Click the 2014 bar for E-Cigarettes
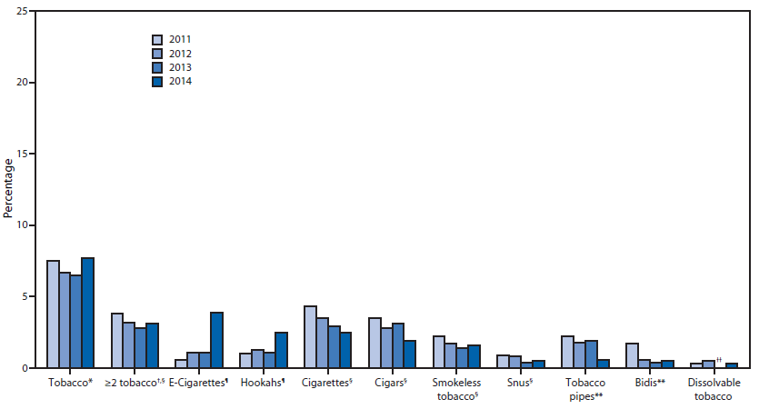coord(217,340)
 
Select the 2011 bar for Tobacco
coord(54,314)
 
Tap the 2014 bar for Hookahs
coord(281,350)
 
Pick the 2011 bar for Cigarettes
coord(310,336)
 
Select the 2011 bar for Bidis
coord(632,355)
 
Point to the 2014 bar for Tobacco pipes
coord(603,364)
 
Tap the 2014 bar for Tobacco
coord(88,313)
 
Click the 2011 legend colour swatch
coord(157,39)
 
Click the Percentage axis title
coord(8,188)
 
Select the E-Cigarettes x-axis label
coord(195,383)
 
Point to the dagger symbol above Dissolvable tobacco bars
coord(718,361)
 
